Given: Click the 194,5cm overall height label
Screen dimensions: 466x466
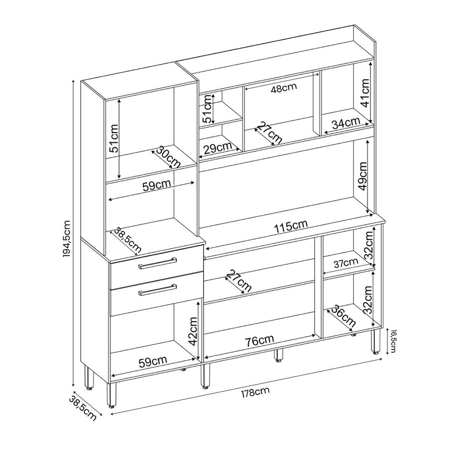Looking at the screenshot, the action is pos(66,239).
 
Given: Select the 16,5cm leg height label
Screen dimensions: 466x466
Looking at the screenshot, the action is pos(393,341).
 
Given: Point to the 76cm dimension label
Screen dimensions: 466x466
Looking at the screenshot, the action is pos(260,342).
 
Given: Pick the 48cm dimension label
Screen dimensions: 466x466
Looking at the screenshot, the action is pos(284,88).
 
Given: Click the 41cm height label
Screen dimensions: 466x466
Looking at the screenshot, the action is pos(365,93).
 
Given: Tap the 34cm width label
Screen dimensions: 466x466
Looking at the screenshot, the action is pos(346,123).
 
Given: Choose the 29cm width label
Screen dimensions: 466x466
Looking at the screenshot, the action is pos(218,148).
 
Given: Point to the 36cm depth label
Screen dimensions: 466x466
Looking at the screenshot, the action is pos(344,316).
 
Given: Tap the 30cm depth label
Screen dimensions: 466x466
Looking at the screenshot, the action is pos(168,157).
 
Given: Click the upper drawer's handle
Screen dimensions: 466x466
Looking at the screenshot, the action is pos(157,263).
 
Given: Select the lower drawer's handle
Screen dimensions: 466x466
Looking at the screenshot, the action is pos(157,290).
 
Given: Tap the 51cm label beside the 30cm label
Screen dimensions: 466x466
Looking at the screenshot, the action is pos(114,138).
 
